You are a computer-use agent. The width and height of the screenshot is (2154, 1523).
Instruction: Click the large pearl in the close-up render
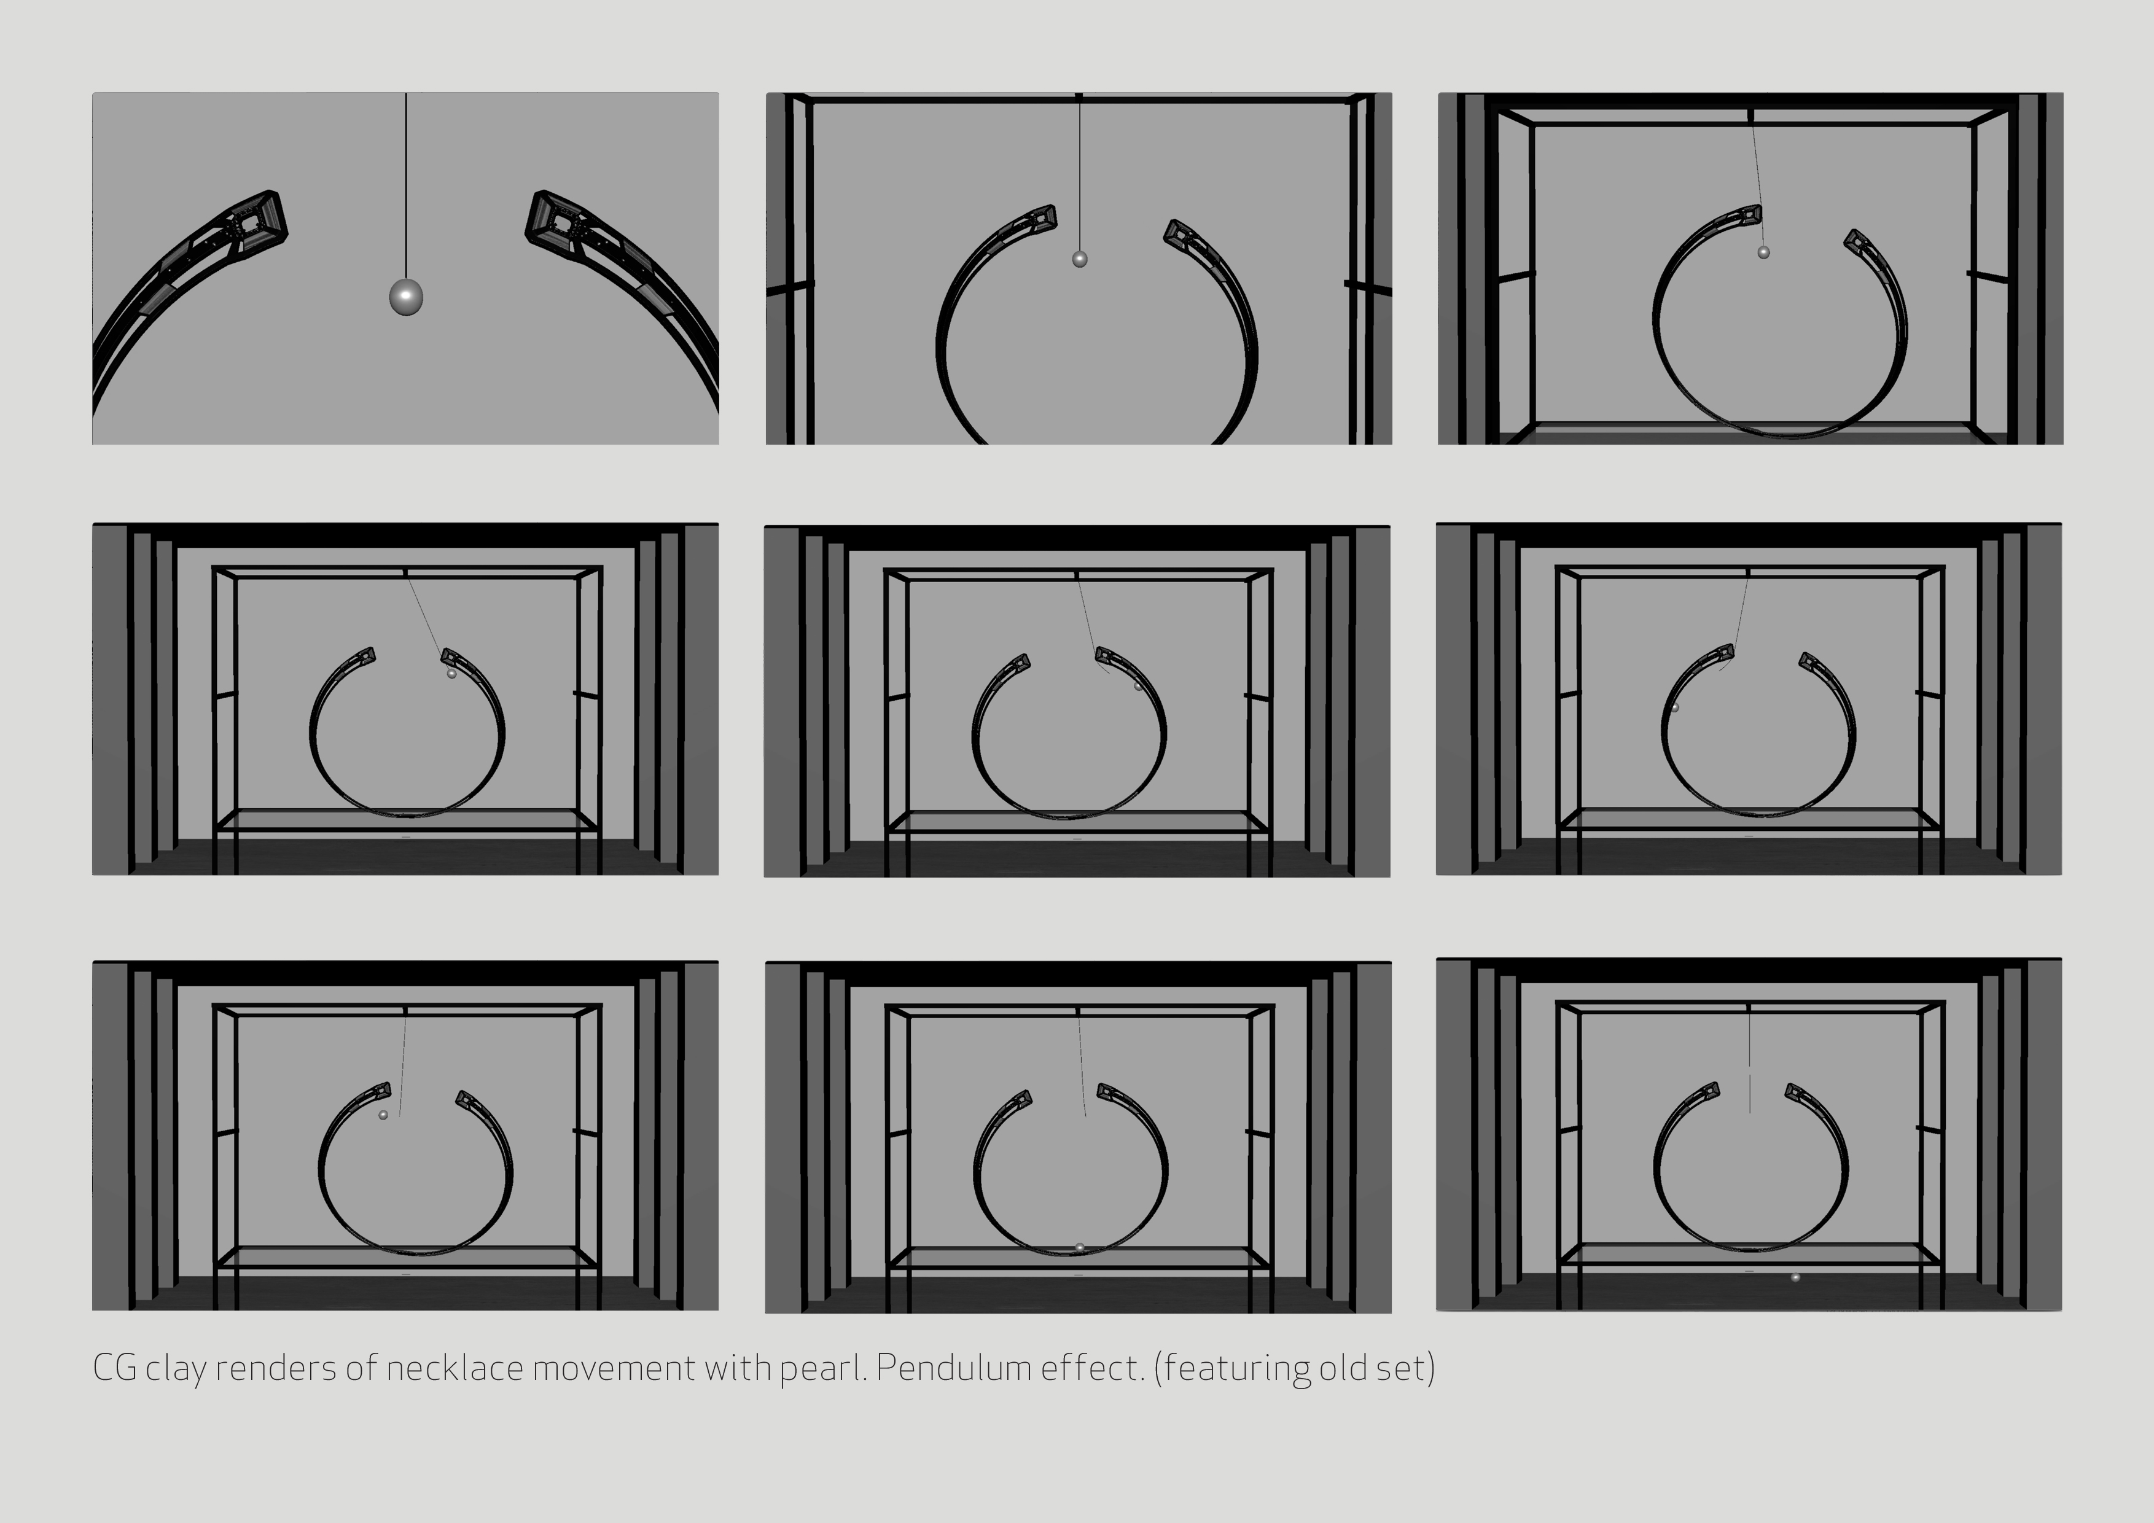pos(406,297)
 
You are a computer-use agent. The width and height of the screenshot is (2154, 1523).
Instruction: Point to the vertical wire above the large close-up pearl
pos(406,185)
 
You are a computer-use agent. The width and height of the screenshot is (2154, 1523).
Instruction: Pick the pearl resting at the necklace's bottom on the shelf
pos(1080,1247)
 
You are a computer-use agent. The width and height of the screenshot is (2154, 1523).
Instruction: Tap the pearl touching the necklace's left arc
pos(1674,707)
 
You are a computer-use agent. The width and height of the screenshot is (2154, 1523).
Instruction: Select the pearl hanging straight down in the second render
pos(1080,259)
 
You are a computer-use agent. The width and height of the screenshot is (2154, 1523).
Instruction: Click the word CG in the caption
pos(114,1368)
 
